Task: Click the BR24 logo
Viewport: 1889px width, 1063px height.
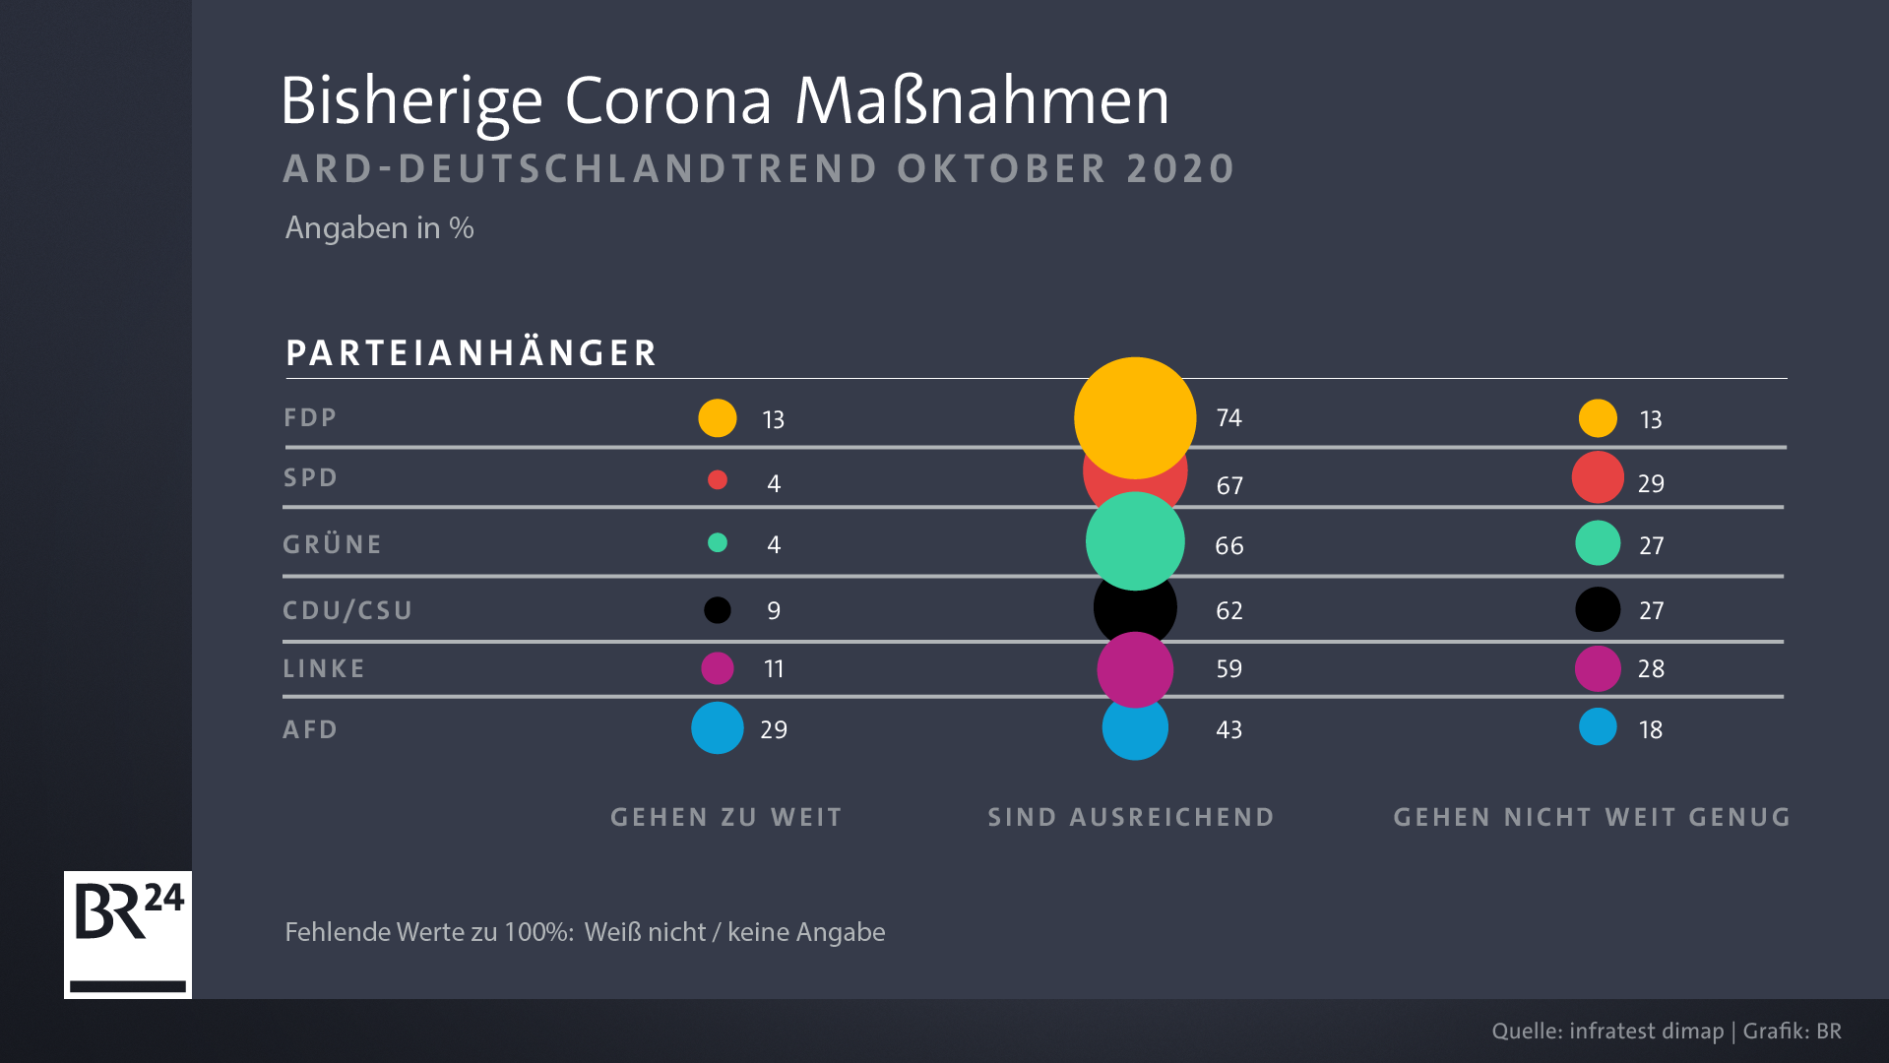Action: point(128,933)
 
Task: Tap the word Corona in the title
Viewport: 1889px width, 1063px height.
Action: point(667,101)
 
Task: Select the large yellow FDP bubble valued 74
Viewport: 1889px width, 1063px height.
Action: point(1134,417)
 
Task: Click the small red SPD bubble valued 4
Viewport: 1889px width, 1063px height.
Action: point(718,480)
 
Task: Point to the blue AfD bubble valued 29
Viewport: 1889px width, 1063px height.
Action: point(718,728)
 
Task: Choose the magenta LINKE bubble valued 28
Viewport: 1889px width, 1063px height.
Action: point(1597,668)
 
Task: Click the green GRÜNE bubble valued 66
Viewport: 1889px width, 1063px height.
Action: point(1134,541)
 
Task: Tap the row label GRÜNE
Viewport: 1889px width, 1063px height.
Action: point(332,544)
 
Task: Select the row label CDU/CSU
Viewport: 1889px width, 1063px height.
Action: point(346,610)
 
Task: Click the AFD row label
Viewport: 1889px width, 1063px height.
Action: point(310,729)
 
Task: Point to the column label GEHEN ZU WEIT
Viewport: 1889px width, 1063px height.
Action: point(725,817)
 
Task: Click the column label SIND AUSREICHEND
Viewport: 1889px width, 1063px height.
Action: point(1130,817)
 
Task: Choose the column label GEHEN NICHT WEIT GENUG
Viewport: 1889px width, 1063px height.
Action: point(1591,817)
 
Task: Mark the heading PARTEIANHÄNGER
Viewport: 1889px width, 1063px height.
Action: point(471,353)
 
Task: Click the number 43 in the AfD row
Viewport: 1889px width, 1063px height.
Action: point(1228,730)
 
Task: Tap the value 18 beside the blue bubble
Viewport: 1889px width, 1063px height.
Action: point(1650,730)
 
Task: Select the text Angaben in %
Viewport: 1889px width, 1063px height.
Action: point(379,228)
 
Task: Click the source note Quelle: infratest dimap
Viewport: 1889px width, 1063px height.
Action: point(1607,1031)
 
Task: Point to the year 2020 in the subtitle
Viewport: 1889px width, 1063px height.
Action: point(1180,169)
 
